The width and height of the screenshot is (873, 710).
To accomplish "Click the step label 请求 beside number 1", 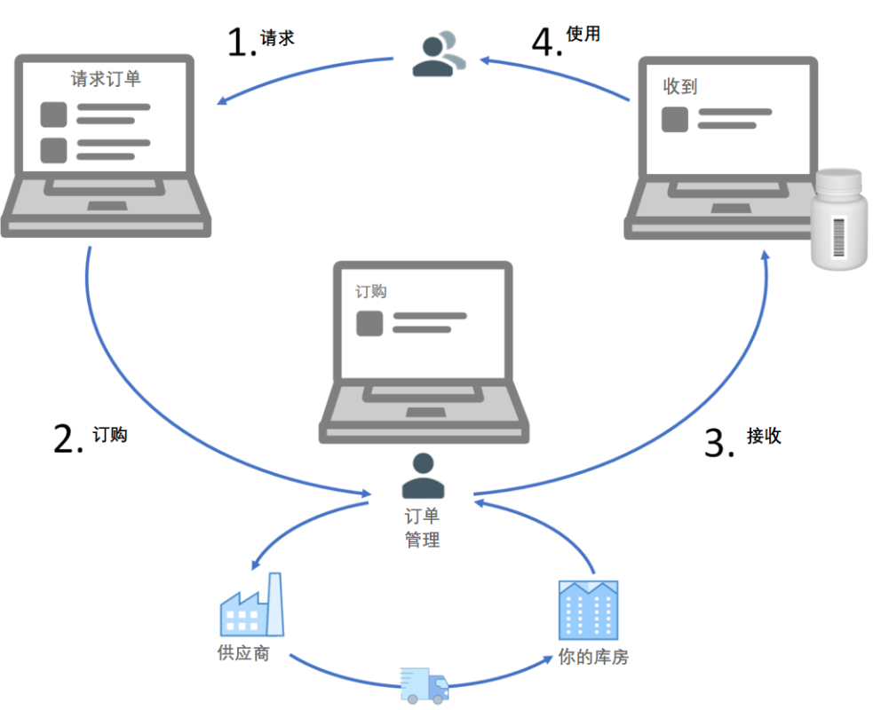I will click(x=277, y=38).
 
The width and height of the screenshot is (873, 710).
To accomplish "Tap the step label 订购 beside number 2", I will click(x=110, y=434).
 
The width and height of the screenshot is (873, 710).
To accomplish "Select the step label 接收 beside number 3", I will click(x=764, y=436).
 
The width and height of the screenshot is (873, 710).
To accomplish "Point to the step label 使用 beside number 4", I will click(x=583, y=34).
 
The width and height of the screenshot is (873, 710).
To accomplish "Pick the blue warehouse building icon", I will click(x=588, y=610).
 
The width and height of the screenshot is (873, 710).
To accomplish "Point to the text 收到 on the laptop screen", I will click(x=680, y=86).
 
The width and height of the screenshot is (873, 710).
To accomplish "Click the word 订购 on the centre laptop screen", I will click(x=371, y=291).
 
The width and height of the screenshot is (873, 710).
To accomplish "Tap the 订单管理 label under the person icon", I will click(x=422, y=528).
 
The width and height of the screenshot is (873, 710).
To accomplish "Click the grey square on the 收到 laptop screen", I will click(x=675, y=118).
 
